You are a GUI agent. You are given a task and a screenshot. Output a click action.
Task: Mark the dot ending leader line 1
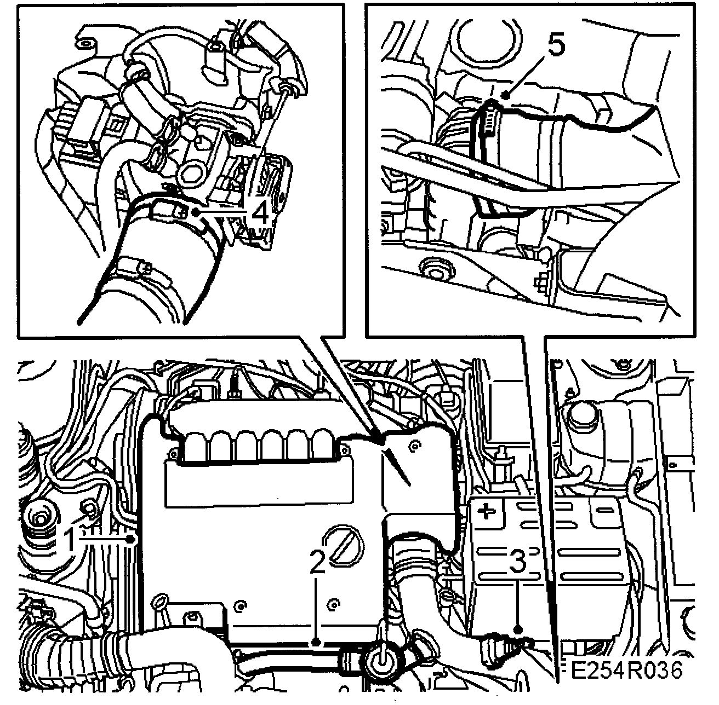coord(130,540)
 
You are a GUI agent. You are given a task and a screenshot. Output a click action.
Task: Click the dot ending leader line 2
coord(316,640)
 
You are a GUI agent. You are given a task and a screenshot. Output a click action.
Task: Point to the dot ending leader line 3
coord(518,630)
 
